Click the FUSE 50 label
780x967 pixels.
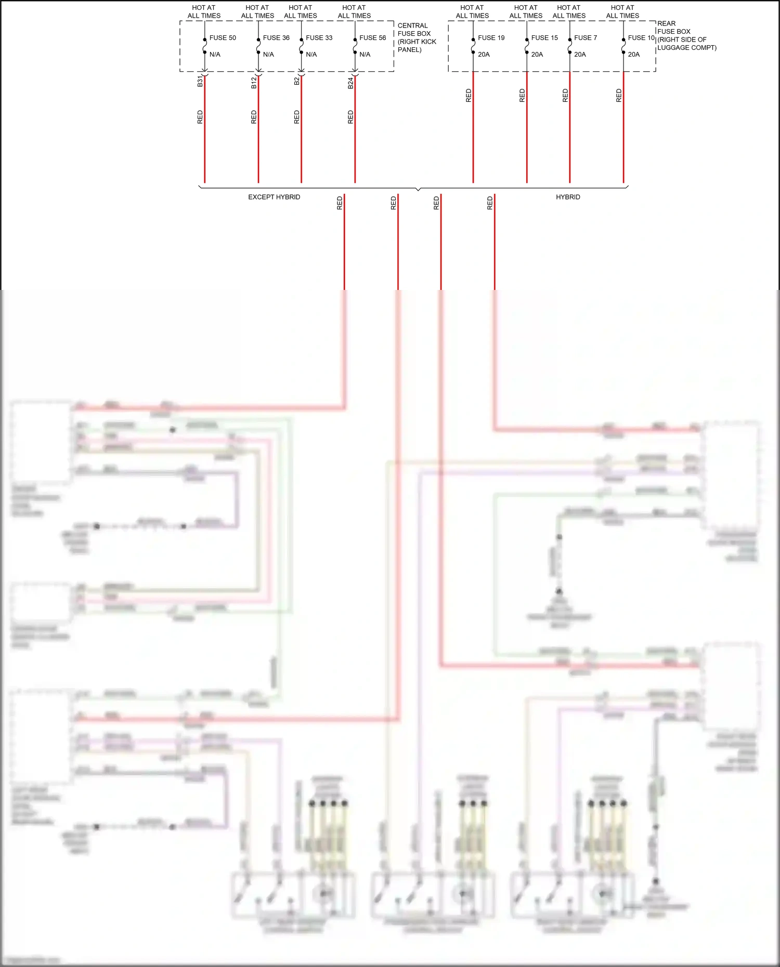(223, 38)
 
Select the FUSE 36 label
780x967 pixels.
(276, 38)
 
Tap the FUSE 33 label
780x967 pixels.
(319, 38)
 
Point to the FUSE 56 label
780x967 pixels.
(372, 38)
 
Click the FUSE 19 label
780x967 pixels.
(491, 38)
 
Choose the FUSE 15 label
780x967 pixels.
(544, 38)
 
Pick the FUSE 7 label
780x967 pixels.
(586, 38)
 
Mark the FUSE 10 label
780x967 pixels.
(641, 38)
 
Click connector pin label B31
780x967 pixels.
(200, 82)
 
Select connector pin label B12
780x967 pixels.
(254, 83)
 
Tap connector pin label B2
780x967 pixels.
(297, 81)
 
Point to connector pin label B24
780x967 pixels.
(350, 83)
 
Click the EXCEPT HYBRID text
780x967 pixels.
(274, 197)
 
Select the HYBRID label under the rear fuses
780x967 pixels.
(568, 197)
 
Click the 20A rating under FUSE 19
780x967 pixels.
(484, 55)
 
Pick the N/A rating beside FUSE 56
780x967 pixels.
(365, 55)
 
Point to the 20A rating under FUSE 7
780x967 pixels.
(580, 55)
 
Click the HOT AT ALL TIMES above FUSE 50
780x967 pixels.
(204, 12)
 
